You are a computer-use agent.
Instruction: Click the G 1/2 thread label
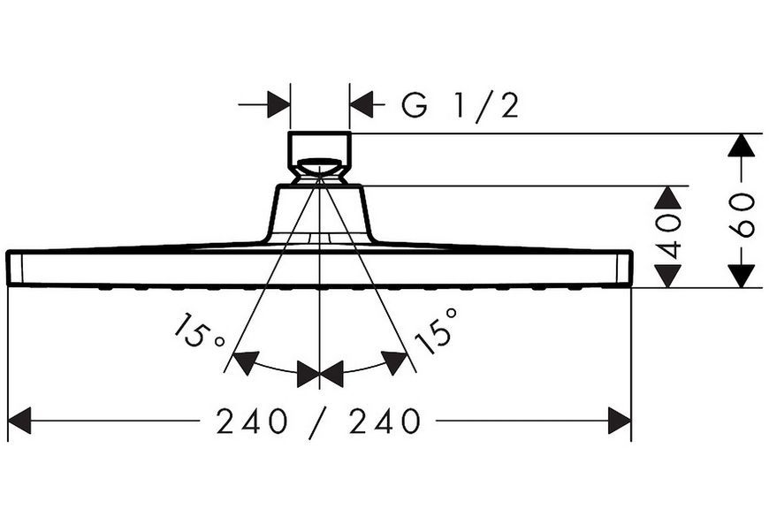tap(460, 105)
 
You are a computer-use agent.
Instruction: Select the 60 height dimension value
tap(742, 215)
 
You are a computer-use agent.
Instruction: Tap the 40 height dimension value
tap(669, 236)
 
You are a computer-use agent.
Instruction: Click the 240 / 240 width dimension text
tap(318, 421)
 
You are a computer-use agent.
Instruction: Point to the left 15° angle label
tap(198, 331)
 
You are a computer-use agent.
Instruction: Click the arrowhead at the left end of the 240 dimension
tap(19, 421)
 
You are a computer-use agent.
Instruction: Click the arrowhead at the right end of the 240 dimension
tap(620, 421)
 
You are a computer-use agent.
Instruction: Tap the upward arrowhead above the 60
tap(741, 145)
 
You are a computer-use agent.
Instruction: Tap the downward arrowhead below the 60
tap(741, 276)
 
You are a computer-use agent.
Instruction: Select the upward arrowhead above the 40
tap(668, 198)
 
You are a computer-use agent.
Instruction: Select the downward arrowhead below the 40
tap(668, 276)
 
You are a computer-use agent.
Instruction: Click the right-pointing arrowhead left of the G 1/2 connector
tap(279, 104)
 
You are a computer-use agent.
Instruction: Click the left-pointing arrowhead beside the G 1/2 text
tap(361, 104)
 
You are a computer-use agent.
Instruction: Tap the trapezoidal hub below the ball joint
tap(319, 213)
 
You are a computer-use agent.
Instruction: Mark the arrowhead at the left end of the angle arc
tap(246, 362)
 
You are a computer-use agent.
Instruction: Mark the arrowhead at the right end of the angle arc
tap(394, 362)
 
